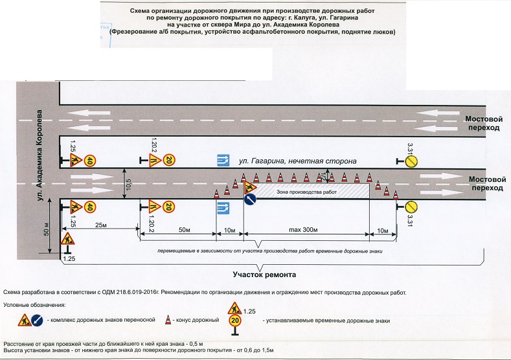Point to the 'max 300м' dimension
pos(305,231)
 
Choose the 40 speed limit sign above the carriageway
pos(91,161)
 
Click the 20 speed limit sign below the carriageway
pos(168,207)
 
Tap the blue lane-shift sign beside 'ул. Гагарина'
pos(223,159)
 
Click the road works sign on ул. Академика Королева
pos(67,239)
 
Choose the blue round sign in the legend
pos(39,319)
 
